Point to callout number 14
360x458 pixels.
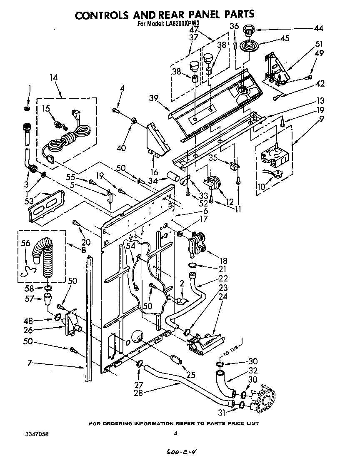coord(53,77)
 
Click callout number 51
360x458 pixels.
coord(320,44)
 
